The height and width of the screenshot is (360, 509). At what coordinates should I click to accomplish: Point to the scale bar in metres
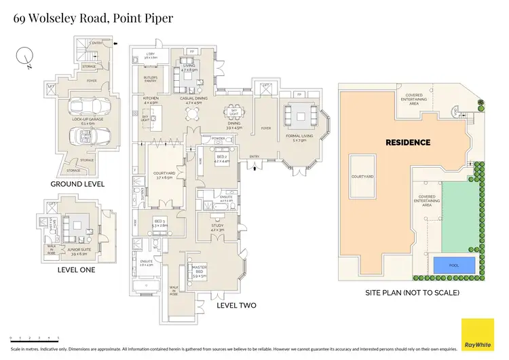tap(34, 338)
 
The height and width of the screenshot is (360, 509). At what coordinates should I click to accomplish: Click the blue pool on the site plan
tap(454, 266)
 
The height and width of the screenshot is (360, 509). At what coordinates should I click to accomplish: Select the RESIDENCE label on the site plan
tap(408, 143)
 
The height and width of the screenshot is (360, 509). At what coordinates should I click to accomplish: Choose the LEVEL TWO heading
tap(235, 306)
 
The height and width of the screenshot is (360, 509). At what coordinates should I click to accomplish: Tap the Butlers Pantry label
tap(150, 80)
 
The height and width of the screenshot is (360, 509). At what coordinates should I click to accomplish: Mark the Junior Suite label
tap(79, 251)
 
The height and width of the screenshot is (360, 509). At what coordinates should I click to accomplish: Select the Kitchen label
tap(150, 101)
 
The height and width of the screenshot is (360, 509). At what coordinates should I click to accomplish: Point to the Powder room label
tap(217, 139)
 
